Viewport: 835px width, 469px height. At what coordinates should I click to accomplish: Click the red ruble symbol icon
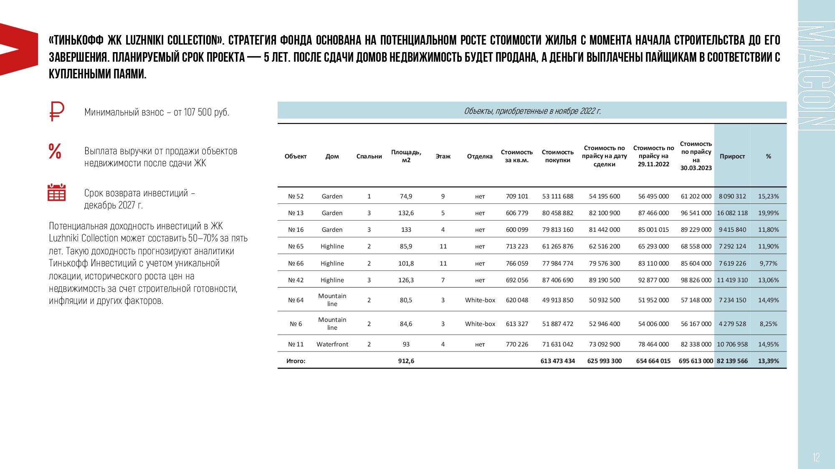[x=57, y=111]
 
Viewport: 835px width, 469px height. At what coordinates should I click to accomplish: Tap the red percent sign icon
[x=55, y=151]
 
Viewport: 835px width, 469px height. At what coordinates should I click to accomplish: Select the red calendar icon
[x=57, y=192]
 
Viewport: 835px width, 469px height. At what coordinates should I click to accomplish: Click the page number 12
[x=816, y=457]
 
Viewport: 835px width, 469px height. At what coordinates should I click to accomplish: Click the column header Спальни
[x=369, y=156]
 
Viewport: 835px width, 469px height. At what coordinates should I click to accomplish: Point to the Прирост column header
[x=732, y=156]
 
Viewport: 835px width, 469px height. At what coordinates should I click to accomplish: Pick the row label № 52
[x=296, y=196]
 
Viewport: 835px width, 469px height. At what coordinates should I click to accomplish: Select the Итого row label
[x=296, y=361]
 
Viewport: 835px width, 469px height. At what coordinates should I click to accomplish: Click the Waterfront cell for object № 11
[x=332, y=344]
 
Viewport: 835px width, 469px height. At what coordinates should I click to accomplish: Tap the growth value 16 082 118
[x=732, y=213]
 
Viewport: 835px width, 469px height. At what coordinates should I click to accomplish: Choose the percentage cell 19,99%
[x=768, y=213]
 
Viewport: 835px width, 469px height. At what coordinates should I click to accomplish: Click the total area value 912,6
[x=406, y=361]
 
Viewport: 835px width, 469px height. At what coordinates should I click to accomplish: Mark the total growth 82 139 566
[x=732, y=361]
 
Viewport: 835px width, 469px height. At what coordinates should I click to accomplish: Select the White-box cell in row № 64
[x=480, y=300]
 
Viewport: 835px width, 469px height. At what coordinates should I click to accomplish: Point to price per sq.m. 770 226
[x=517, y=344]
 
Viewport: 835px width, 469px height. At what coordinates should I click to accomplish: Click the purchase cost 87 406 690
[x=558, y=280]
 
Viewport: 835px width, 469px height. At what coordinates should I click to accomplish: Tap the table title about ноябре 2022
[x=532, y=111]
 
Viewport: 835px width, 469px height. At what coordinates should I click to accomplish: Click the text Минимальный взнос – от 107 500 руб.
[x=157, y=112]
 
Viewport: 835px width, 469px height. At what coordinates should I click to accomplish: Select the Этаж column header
[x=443, y=156]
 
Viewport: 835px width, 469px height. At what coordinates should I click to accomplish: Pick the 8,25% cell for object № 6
[x=768, y=324]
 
